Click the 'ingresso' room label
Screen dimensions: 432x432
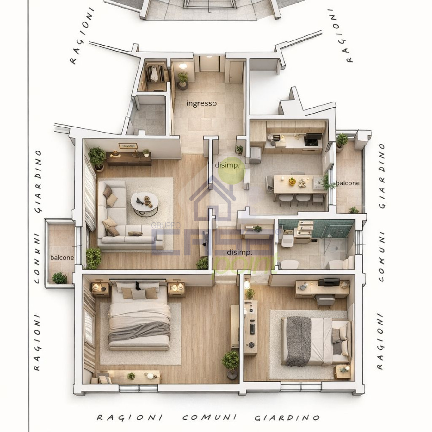pos(201,103)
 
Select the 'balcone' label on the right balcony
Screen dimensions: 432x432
pos(348,183)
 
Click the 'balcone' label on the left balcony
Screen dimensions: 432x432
pos(62,258)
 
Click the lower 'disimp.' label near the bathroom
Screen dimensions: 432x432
pos(239,252)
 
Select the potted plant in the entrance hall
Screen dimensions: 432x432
pos(183,80)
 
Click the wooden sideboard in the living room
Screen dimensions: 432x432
pos(129,159)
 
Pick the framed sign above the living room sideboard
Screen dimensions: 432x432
pos(128,146)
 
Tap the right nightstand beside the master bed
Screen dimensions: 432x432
pos(176,289)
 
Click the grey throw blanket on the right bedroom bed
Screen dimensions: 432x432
pos(298,340)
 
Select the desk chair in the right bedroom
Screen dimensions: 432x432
pos(325,300)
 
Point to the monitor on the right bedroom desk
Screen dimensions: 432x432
pos(329,282)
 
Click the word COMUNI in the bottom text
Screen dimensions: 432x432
pos(209,417)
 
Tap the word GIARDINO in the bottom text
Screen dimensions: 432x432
pos(287,418)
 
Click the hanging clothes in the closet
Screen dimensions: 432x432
pos(154,74)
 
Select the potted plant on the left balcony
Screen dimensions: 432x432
pos(59,278)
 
